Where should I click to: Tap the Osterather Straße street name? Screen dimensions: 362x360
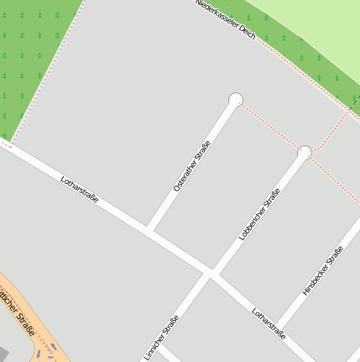tap(191, 165)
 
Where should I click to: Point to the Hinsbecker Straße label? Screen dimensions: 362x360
tap(322, 271)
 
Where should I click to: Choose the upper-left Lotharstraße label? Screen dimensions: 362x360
tap(80, 188)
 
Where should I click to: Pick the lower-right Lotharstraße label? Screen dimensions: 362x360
tap(269, 323)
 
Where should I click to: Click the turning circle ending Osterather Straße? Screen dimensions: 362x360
tap(236, 100)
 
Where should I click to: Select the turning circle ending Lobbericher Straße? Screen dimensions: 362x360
tap(305, 152)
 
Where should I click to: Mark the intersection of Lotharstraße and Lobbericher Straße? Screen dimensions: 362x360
tap(211, 273)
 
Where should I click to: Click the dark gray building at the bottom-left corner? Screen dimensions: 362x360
tap(4, 353)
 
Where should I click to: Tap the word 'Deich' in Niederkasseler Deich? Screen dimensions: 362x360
tap(244, 29)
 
